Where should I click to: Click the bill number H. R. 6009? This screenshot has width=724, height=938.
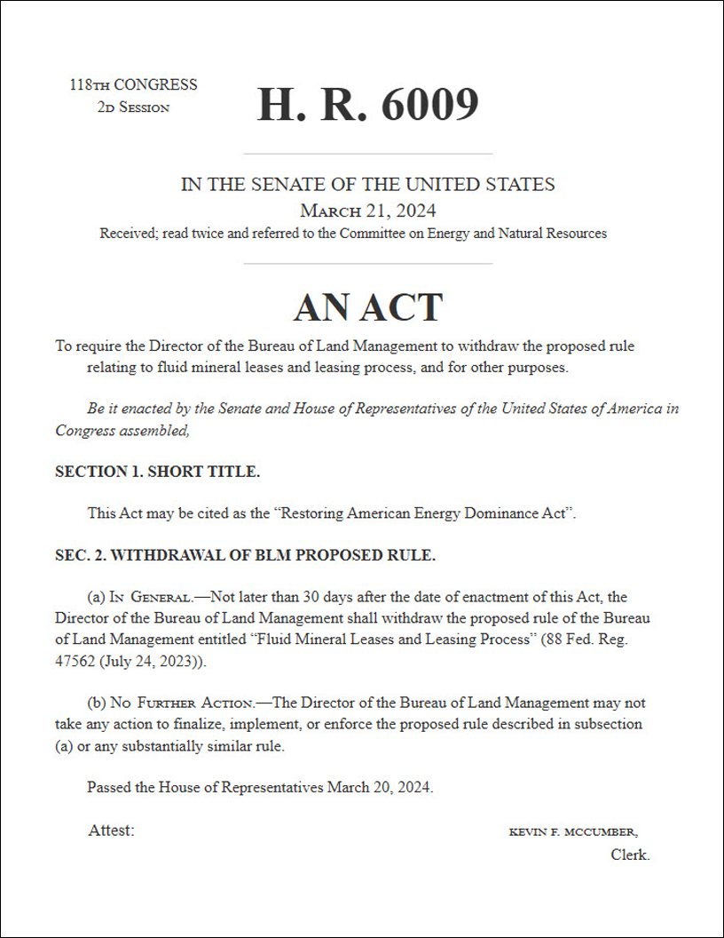tap(367, 105)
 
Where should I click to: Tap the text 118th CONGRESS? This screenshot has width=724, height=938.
tap(133, 85)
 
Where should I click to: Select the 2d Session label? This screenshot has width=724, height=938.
tap(133, 107)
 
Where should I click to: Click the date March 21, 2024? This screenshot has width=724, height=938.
tap(367, 211)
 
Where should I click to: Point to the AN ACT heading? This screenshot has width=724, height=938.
tap(367, 307)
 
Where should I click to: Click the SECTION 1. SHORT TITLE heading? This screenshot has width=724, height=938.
tap(157, 472)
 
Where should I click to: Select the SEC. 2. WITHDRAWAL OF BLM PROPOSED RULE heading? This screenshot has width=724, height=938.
tap(245, 556)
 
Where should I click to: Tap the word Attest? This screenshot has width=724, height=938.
tap(111, 831)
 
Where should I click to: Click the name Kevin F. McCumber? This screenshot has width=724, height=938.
tap(572, 832)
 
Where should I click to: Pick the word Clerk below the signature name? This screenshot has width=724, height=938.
tap(630, 855)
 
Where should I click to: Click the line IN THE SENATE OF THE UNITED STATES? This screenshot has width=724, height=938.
tap(367, 185)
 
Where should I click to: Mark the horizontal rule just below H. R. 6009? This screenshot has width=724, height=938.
tap(367, 154)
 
